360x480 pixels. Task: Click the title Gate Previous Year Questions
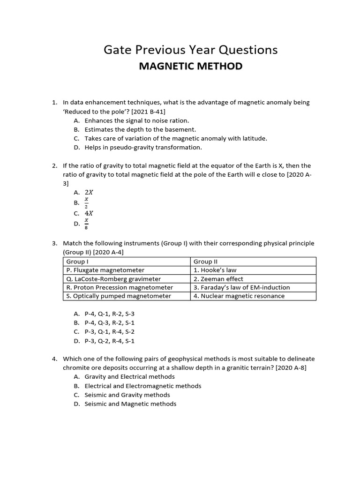coord(190,50)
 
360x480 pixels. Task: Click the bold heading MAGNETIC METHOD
coord(190,66)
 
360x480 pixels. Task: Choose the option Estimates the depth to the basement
coord(140,129)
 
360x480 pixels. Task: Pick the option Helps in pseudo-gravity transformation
coord(143,147)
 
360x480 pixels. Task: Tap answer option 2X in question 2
coord(89,192)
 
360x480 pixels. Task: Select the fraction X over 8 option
coord(87,224)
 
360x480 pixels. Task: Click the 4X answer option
coord(89,213)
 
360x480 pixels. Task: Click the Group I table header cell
coord(76,262)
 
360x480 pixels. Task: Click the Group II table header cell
coord(206,262)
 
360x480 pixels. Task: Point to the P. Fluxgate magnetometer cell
coord(105,270)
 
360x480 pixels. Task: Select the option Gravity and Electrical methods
coord(129,376)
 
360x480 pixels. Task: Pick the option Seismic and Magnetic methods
coord(130,404)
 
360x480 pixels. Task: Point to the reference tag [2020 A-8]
coord(291,367)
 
